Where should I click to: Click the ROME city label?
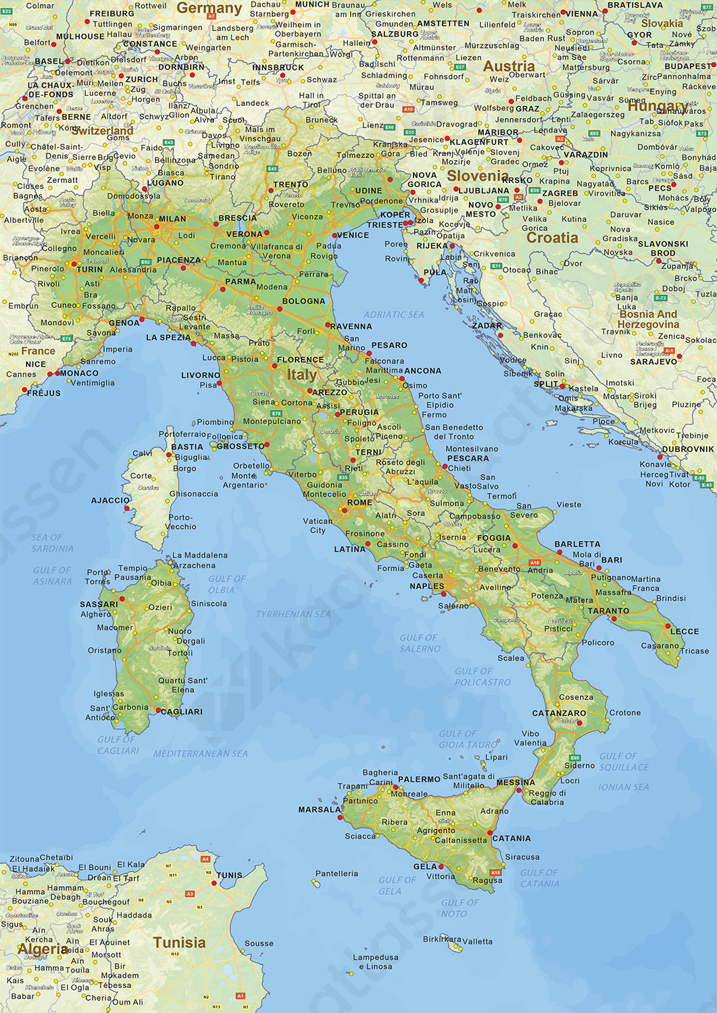coord(360,502)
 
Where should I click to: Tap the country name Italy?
coord(301,375)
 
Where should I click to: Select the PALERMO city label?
coord(419,779)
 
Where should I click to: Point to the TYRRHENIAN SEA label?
coord(293,615)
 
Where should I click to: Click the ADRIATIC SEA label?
coord(393,315)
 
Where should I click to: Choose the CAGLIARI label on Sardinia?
coord(182,712)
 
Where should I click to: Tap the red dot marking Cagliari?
coord(158,710)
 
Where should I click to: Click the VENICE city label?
coord(352,235)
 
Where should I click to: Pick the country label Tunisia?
coord(179,943)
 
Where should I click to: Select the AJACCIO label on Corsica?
coord(110,500)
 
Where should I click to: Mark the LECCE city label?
coord(685,631)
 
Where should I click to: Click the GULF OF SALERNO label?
coord(420,643)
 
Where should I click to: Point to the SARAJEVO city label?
coord(653,362)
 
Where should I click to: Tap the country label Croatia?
coord(552,238)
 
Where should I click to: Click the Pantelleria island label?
coord(337,874)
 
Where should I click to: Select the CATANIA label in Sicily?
coord(512,839)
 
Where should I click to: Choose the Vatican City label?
coord(318,525)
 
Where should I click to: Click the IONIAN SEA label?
coord(623,787)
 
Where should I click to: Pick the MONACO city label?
coord(79,373)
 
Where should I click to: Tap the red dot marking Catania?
coord(489,833)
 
